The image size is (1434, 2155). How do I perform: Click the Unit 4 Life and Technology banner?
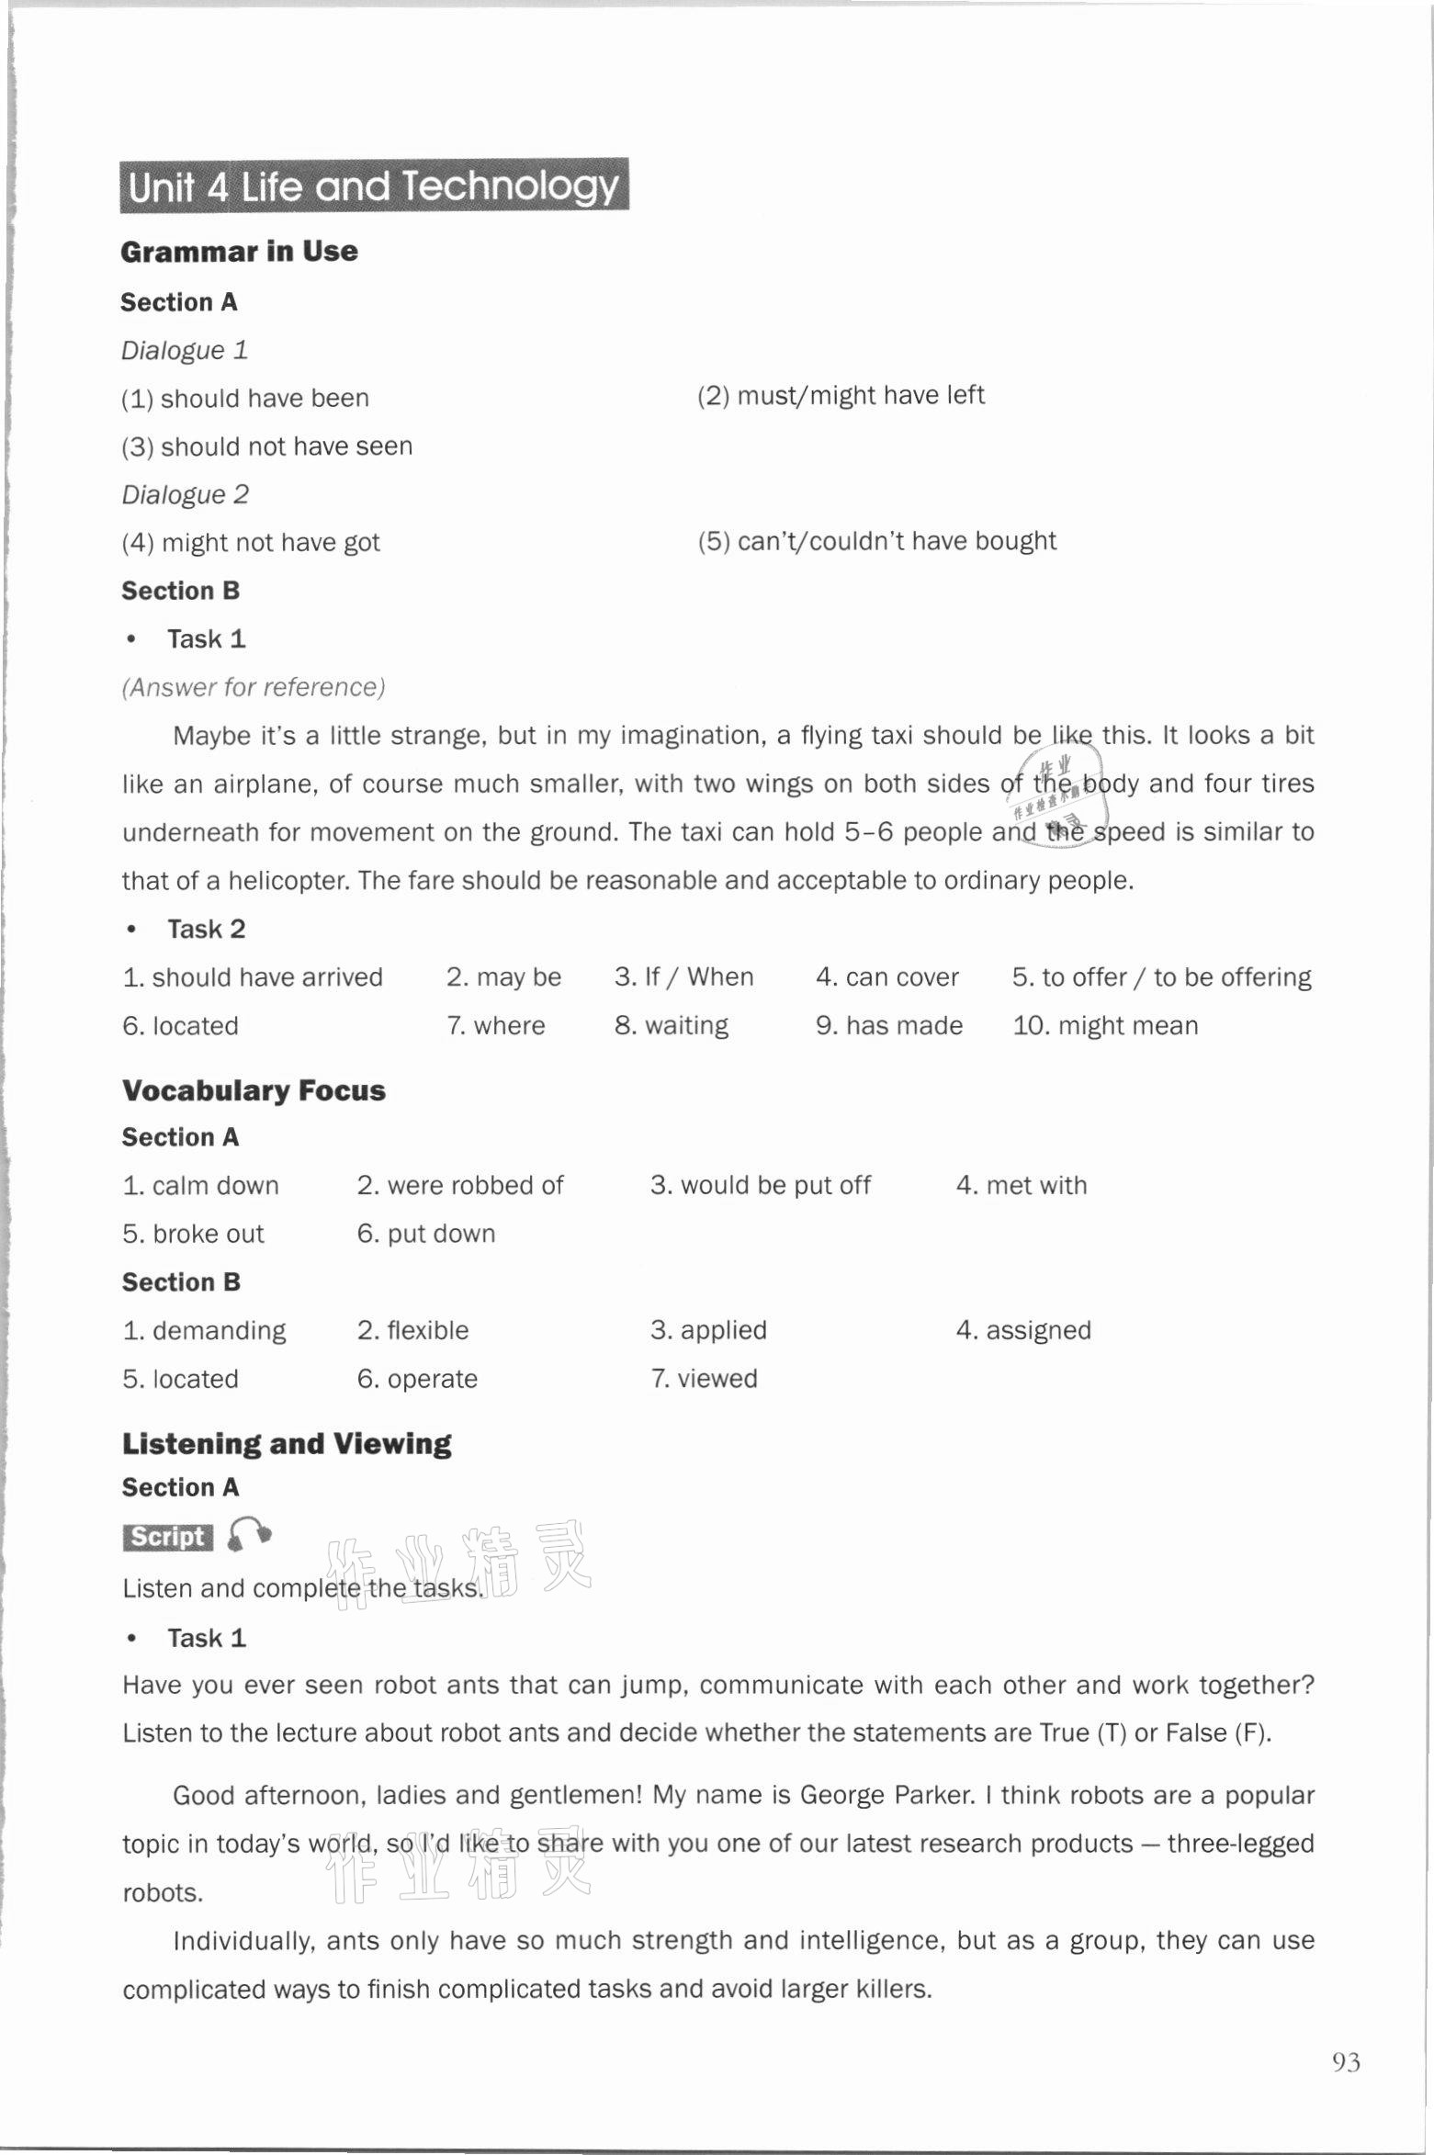[374, 186]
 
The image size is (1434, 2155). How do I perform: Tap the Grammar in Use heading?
[239, 252]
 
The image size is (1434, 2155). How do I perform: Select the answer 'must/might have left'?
[841, 395]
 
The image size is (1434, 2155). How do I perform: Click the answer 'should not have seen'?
[267, 446]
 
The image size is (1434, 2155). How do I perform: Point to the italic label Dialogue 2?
[185, 495]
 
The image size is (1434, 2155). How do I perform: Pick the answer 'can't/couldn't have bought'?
[876, 541]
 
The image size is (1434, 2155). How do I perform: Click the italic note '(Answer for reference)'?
[254, 687]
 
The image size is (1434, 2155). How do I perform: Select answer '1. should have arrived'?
[253, 977]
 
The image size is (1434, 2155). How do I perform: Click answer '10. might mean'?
[1105, 1026]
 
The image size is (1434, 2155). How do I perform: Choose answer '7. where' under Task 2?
[495, 1026]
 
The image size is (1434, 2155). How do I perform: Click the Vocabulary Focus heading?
[254, 1091]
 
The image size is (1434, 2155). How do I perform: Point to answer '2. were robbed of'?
[460, 1186]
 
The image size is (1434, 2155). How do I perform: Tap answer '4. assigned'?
[1023, 1331]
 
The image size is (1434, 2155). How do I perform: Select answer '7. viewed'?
[704, 1379]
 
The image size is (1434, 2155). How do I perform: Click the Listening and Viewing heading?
[287, 1444]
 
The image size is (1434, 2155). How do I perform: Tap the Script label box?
[167, 1537]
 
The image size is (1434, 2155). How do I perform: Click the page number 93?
[1346, 2062]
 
